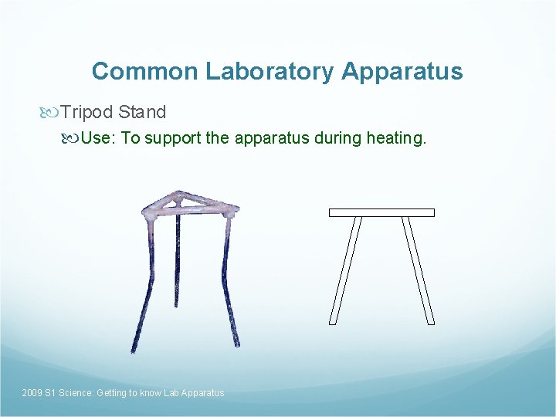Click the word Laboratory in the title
pyautogui.click(x=270, y=72)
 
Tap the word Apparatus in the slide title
pyautogui.click(x=402, y=72)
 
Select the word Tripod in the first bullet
pyautogui.click(x=87, y=113)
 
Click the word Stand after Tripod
pyautogui.click(x=142, y=113)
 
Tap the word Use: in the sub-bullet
pyautogui.click(x=98, y=139)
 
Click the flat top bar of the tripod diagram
pyautogui.click(x=381, y=212)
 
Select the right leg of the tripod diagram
pyautogui.click(x=418, y=270)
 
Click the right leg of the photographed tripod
pyautogui.click(x=231, y=286)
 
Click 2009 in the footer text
pyautogui.click(x=32, y=393)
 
